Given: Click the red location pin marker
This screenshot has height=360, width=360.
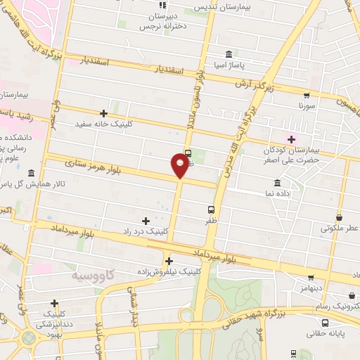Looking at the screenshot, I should click(180, 165).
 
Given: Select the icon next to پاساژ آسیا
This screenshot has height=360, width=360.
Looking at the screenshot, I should click(229, 55).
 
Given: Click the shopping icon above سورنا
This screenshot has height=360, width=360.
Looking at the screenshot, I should click(306, 95).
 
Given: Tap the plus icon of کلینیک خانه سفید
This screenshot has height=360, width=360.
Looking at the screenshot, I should click(104, 112).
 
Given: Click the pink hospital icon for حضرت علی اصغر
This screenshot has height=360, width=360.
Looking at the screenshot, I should click(292, 139).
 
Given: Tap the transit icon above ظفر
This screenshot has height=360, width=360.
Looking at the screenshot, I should click(211, 209).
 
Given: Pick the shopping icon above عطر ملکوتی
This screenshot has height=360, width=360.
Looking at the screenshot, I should click(340, 217).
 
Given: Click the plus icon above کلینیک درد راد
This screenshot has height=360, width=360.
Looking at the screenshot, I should click(146, 221).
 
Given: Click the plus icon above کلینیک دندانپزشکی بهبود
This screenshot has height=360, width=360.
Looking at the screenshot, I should click(54, 303).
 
